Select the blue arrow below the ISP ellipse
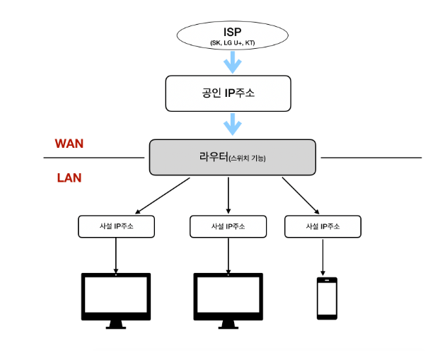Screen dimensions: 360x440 point(232,63)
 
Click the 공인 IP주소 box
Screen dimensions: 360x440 point(228,93)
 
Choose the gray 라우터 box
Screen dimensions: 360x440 point(232,157)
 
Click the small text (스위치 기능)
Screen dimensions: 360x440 point(248,158)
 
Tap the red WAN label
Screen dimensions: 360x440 point(69,143)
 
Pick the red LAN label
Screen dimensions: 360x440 point(69,178)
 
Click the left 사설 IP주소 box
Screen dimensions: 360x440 point(116,226)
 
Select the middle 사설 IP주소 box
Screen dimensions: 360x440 point(228,226)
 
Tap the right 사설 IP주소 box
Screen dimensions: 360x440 point(323,226)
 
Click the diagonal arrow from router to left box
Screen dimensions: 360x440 point(163,195)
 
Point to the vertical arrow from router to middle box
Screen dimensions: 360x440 point(228,195)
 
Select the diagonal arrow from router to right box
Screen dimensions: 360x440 point(301,195)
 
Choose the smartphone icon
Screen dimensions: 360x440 point(326,298)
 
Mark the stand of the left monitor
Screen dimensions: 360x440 point(116,324)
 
